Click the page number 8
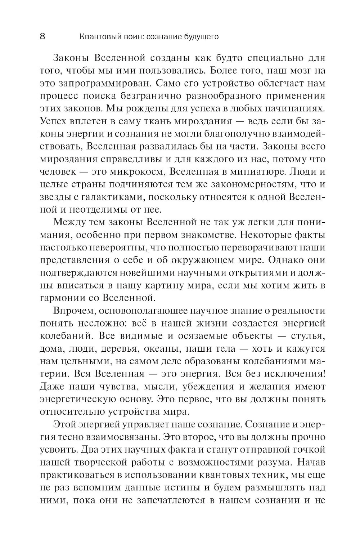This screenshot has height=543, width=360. pyautogui.click(x=42, y=37)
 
